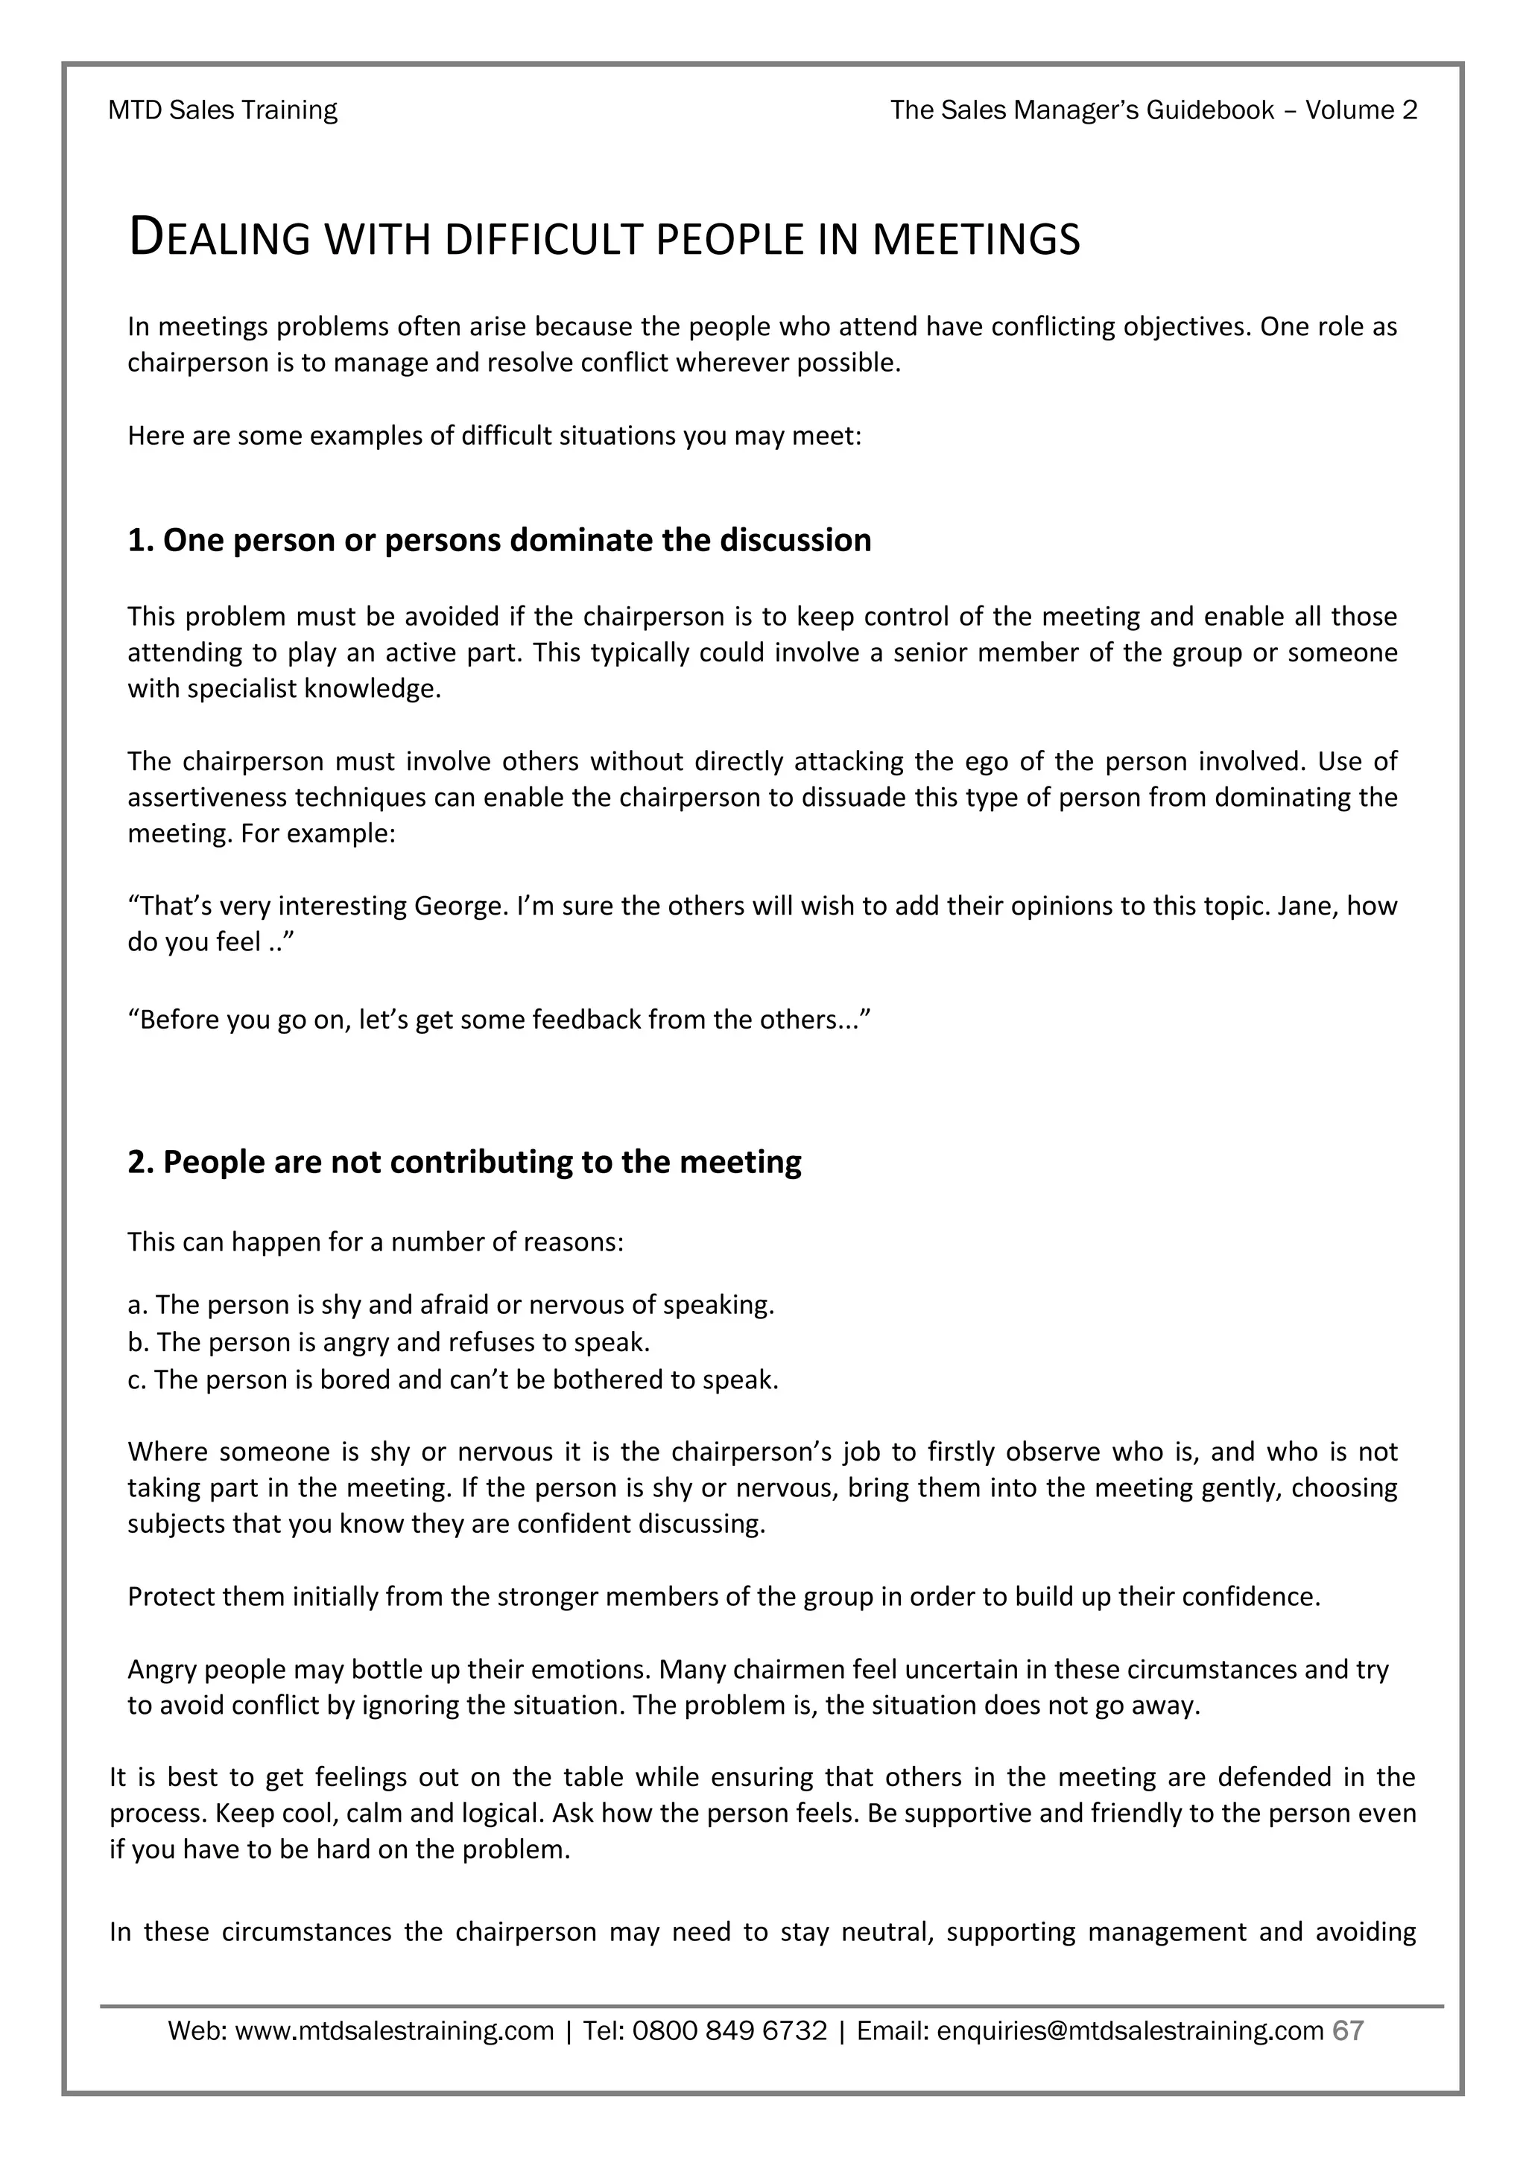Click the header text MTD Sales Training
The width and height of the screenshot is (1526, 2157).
(223, 111)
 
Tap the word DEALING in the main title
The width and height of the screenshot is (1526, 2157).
(219, 238)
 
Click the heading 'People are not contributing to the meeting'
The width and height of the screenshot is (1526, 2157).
(464, 1162)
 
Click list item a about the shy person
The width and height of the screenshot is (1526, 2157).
(451, 1305)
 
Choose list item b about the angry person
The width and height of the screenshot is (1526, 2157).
(389, 1342)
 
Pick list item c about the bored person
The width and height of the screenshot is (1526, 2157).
(453, 1380)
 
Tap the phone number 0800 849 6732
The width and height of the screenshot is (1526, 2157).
(729, 2032)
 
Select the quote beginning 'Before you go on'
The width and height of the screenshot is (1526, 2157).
(500, 1020)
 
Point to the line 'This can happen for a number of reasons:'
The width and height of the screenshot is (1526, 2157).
(376, 1243)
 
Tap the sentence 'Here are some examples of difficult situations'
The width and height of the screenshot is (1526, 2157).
(494, 437)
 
